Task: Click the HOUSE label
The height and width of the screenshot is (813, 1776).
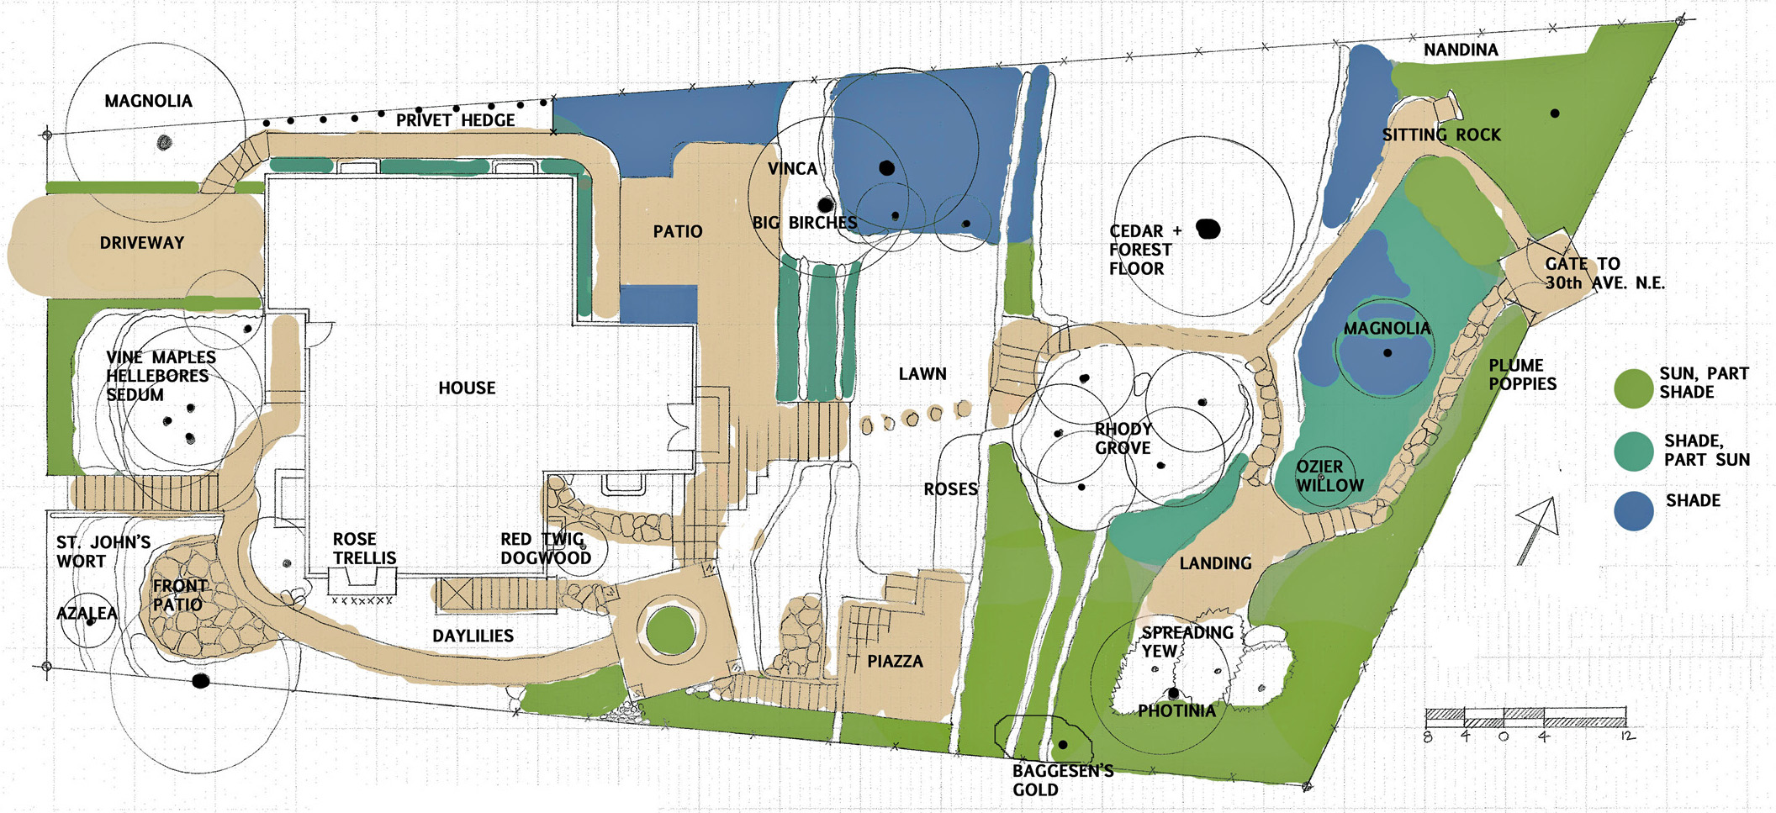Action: (467, 388)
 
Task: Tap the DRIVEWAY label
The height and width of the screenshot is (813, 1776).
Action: (141, 243)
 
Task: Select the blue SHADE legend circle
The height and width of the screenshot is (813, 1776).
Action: (1634, 510)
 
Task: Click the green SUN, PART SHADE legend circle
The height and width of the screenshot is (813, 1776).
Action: (1634, 388)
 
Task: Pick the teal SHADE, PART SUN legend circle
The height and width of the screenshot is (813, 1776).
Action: (1634, 451)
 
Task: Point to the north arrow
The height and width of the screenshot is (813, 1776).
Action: (1538, 530)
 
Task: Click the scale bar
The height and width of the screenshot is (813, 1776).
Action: (1526, 718)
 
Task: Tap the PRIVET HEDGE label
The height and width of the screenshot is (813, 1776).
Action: (455, 120)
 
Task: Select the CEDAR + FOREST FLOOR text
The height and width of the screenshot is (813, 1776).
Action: (1145, 250)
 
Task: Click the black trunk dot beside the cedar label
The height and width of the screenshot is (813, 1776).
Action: (1208, 229)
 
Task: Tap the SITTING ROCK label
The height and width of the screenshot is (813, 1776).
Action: (1441, 135)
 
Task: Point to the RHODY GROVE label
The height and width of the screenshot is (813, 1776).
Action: (1123, 438)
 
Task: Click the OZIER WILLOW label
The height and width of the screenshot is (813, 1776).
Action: (1329, 476)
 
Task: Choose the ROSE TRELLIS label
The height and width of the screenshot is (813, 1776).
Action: (364, 548)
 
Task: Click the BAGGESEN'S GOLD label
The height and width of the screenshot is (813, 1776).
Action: (1063, 780)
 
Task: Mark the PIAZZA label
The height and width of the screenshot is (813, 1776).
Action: (895, 662)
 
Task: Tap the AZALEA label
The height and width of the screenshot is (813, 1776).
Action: (87, 614)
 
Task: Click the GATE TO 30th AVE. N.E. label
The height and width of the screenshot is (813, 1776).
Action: (1604, 273)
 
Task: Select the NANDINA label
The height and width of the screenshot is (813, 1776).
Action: (1461, 50)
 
